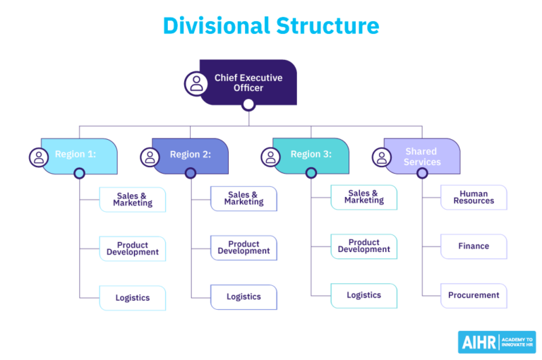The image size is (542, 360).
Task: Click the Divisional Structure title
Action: pos(271,25)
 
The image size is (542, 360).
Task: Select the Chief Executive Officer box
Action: pos(248,83)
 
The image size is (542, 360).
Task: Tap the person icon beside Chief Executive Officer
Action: pos(196,83)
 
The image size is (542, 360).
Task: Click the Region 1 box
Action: pos(78,155)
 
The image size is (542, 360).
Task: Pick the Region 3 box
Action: pos(311,155)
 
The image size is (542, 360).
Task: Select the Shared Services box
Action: pos(422,157)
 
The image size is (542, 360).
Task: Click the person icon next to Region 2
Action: pos(150,157)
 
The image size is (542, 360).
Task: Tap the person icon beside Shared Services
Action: pos(382,157)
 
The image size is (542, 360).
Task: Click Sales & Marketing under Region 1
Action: pos(133,200)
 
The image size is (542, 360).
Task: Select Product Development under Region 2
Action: pos(243,248)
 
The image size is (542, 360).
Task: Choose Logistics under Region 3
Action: pos(363,296)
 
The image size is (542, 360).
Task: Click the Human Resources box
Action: pos(474,198)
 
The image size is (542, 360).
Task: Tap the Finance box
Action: pos(474,246)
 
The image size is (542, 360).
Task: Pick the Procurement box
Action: pos(474,296)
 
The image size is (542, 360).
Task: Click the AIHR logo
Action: pos(496,342)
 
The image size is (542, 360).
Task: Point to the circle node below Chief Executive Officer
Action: pos(248,105)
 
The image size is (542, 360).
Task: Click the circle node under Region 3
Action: pos(311,173)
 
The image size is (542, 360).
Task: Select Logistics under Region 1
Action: pos(133,298)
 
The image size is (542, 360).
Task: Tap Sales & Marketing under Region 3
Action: pos(363,197)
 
